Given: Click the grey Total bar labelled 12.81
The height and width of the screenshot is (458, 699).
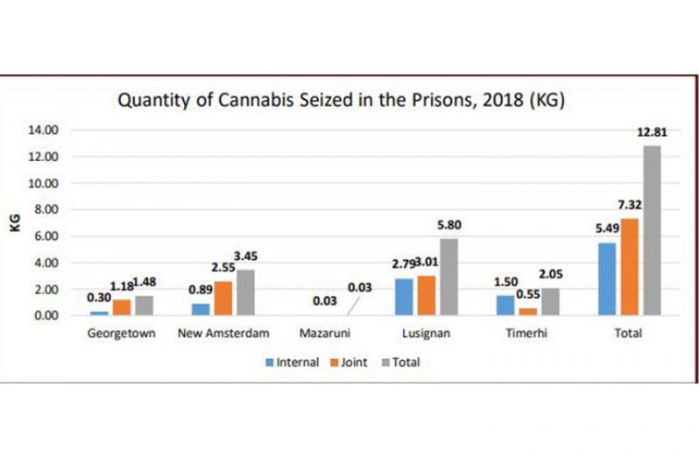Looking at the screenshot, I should (x=652, y=229).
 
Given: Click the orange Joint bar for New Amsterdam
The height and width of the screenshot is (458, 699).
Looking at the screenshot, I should (x=224, y=298).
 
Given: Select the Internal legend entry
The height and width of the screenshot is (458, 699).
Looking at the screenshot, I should (x=293, y=363).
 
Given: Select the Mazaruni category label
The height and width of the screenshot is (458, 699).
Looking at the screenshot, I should (x=326, y=334).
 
